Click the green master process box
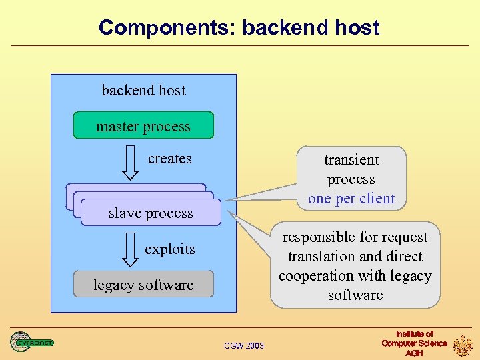143,125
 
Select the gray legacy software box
143,284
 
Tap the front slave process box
151,213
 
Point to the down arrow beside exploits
131,252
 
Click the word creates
170,159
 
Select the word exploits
170,249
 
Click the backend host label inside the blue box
143,90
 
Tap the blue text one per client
351,199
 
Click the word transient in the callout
351,160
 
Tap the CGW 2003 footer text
244,345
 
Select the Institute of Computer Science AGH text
414,343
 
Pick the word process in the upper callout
351,179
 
